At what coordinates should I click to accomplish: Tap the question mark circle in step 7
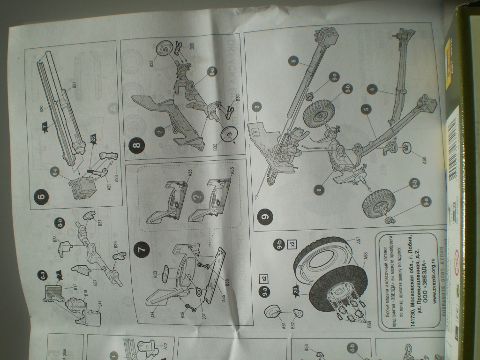[197, 197]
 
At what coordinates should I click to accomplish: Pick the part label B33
[155, 274]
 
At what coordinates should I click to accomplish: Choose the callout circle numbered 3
[256, 107]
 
